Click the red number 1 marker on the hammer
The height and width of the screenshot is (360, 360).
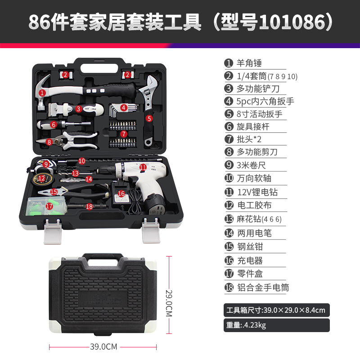[42, 93]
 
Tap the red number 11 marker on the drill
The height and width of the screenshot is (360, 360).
[143, 167]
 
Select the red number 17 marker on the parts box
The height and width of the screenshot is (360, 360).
[49, 206]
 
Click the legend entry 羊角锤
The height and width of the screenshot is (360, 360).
[249, 63]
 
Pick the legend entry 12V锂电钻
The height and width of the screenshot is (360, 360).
[257, 192]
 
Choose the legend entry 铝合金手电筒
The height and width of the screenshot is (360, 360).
[263, 288]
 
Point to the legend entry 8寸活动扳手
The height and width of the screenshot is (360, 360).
[260, 114]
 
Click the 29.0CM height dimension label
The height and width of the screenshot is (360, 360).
[169, 303]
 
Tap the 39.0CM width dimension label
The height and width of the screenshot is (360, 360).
[103, 346]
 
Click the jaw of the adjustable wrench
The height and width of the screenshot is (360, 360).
[152, 82]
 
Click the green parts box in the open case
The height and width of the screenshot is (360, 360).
[47, 206]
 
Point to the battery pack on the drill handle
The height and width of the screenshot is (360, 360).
[156, 205]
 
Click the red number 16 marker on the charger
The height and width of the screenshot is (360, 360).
[121, 194]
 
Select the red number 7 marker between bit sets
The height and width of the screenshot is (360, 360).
[124, 134]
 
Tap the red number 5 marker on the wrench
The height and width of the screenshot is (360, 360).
[149, 118]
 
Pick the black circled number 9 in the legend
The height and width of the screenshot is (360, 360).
[229, 165]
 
